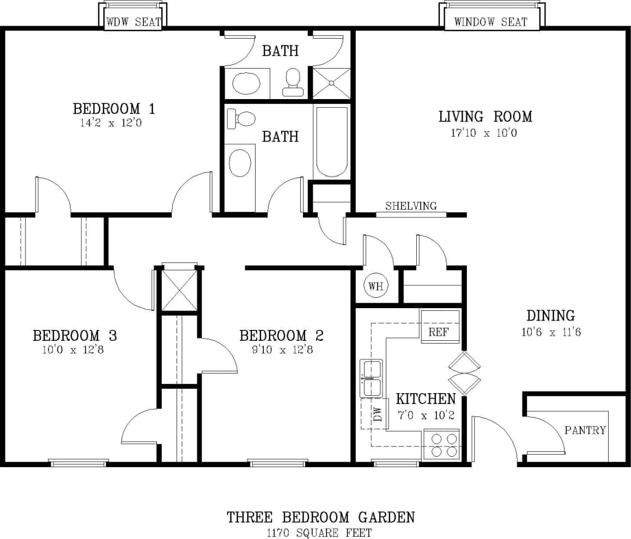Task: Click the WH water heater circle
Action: pos(376,286)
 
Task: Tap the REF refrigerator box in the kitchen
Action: pos(439,331)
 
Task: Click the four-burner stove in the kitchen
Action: pos(441,444)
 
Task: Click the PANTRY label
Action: pos(585,430)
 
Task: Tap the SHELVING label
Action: pos(411,206)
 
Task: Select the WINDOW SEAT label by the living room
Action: pos(490,22)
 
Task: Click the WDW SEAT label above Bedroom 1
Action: pos(134,22)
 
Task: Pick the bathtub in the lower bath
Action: pos(331,142)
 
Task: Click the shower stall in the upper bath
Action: pos(331,83)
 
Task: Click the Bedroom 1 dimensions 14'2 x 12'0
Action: pos(114,123)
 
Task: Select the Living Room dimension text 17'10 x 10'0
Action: pos(484,132)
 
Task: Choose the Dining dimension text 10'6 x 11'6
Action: pos(551,332)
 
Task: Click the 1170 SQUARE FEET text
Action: pos(320,531)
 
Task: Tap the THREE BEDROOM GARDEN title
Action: pos(321,517)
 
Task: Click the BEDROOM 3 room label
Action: pos(75,335)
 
